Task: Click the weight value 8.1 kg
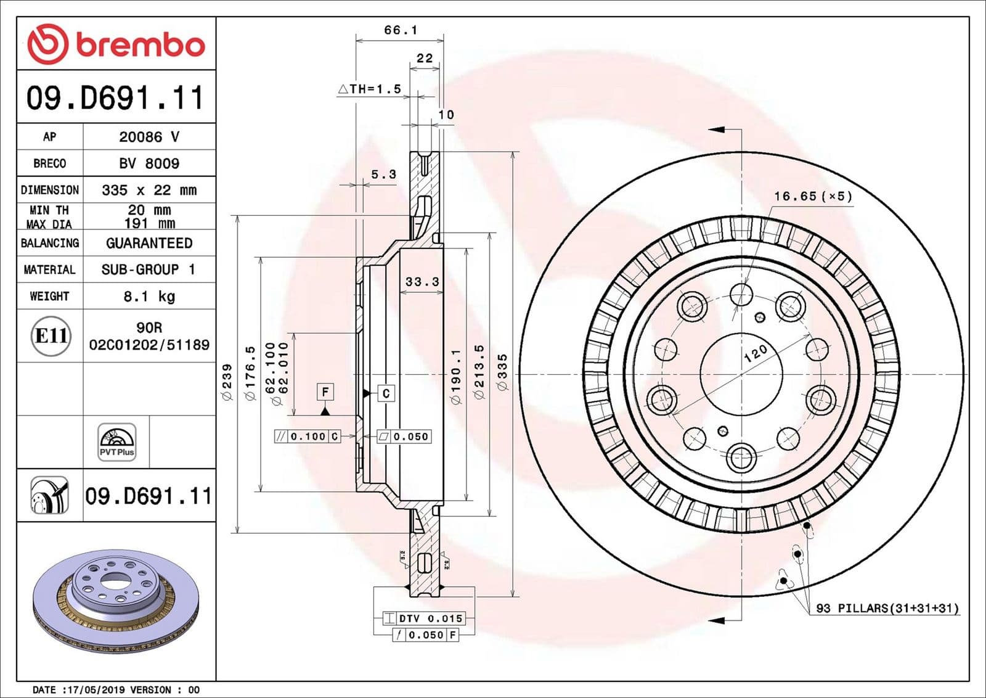point(149,297)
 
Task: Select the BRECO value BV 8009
point(149,163)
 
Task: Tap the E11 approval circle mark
point(51,336)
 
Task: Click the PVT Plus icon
point(116,441)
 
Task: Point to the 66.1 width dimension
point(401,30)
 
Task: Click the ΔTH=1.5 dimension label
point(370,89)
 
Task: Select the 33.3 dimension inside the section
point(422,282)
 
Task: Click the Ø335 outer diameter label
point(503,372)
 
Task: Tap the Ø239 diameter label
point(227,382)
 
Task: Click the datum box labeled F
point(325,392)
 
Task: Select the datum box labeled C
point(386,393)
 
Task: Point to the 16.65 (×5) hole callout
point(813,196)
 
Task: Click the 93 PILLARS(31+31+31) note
point(887,609)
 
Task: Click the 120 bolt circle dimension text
point(755,353)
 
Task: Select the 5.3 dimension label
point(383,175)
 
